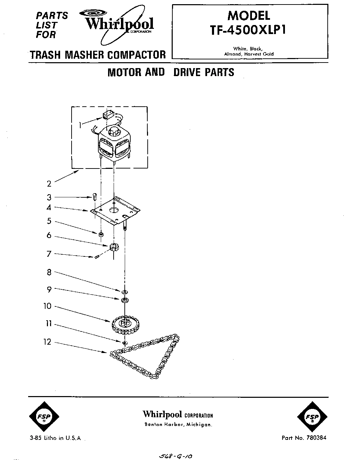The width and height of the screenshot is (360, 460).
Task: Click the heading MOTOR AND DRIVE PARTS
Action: (x=171, y=72)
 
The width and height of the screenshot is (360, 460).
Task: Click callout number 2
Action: (x=49, y=184)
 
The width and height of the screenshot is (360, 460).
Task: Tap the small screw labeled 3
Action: (x=95, y=197)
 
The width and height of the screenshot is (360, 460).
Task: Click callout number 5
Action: (x=49, y=221)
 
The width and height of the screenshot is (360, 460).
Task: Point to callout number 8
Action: (x=49, y=272)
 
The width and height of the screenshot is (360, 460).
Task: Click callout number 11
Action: (x=49, y=324)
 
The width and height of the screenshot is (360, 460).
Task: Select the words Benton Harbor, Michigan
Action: (x=178, y=425)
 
